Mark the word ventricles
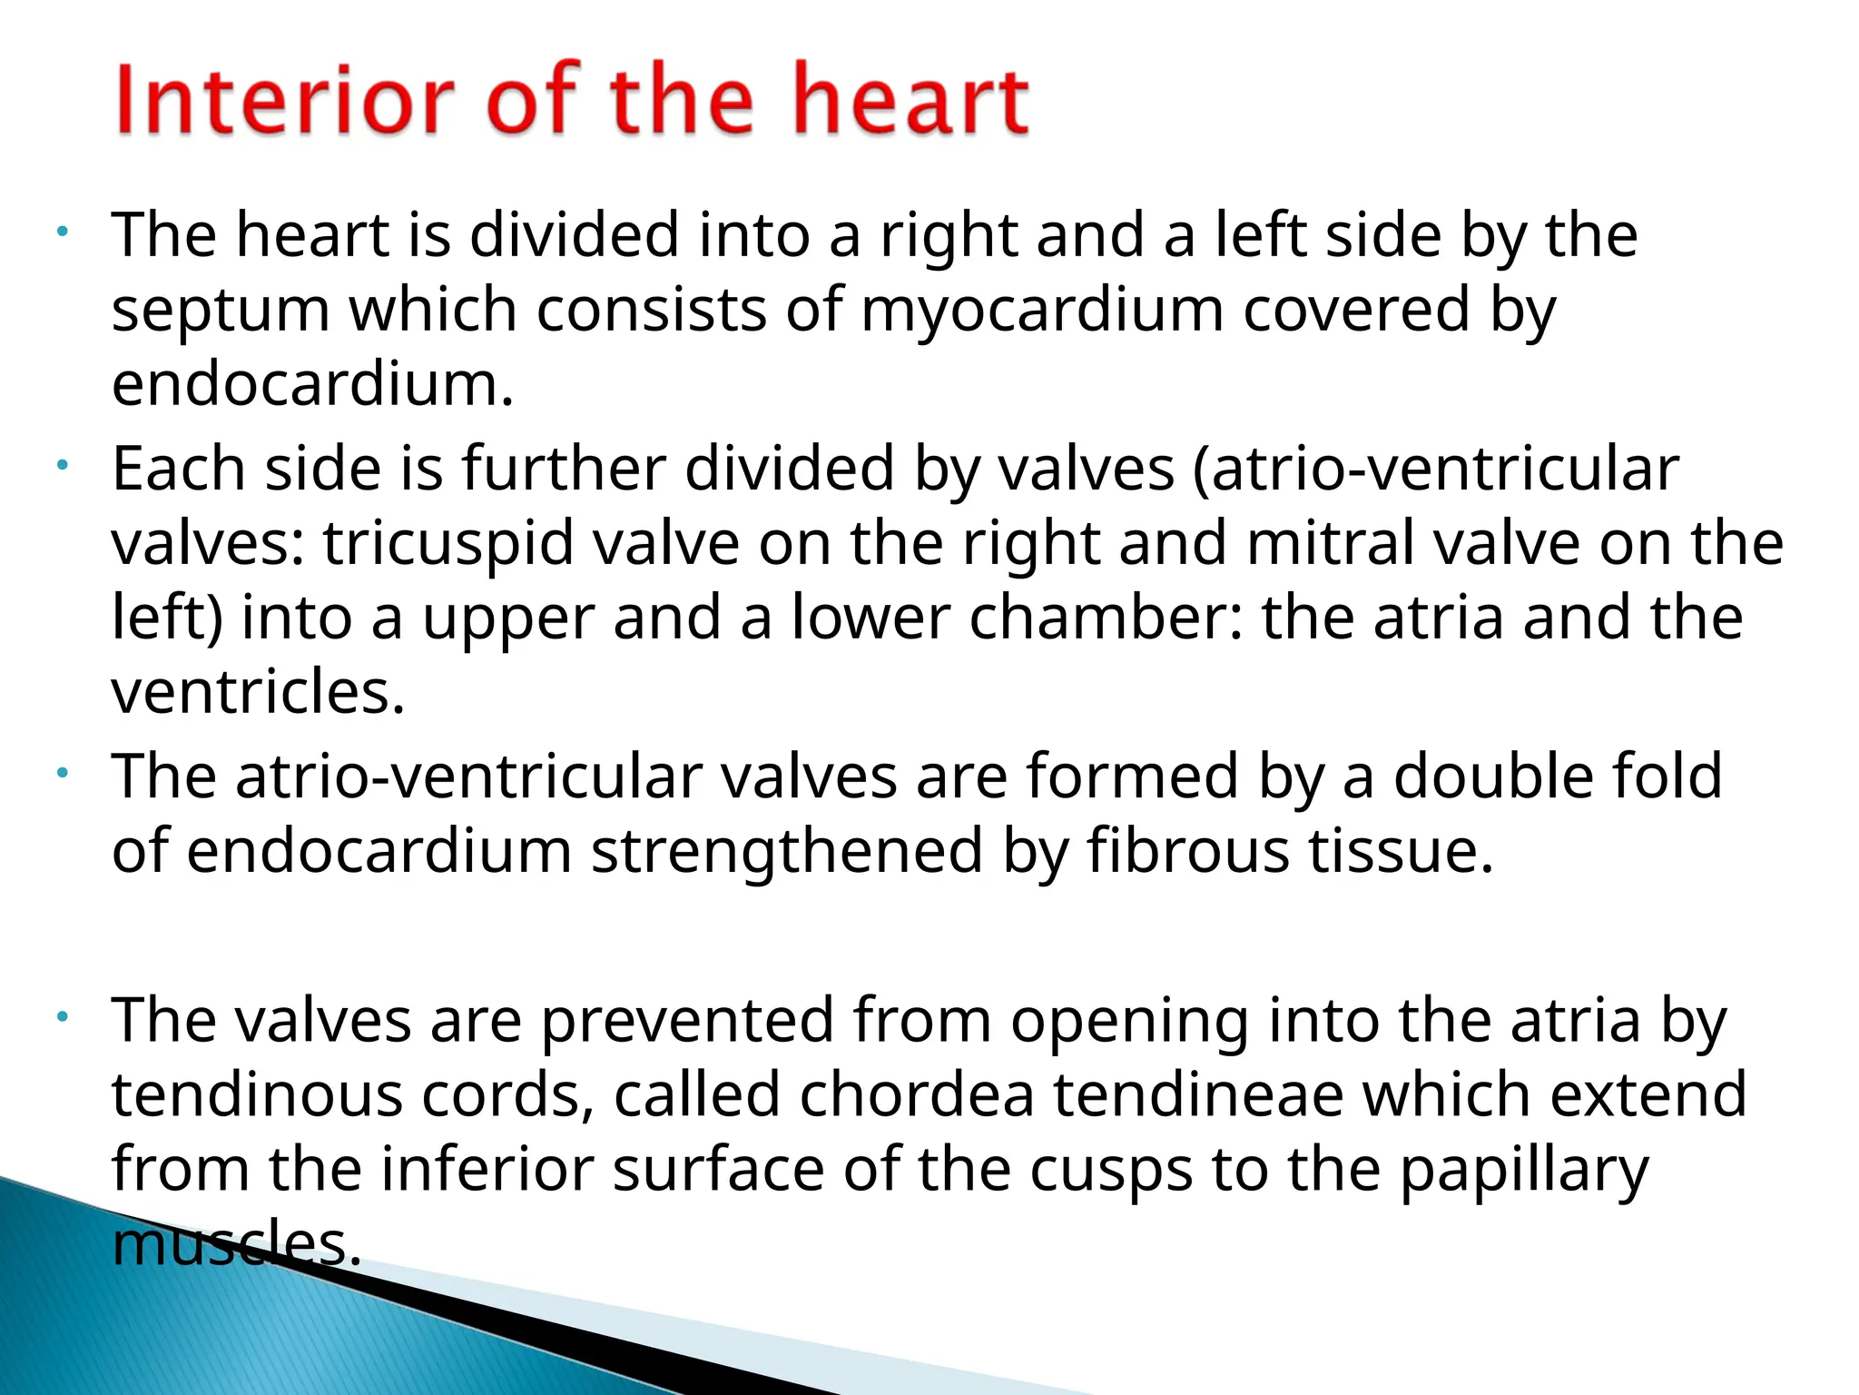(258, 692)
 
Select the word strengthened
(787, 851)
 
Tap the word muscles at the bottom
(236, 1243)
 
